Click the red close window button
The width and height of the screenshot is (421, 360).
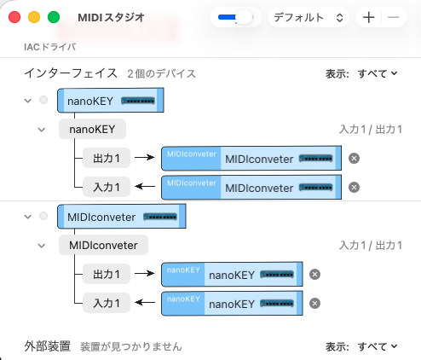pyautogui.click(x=14, y=17)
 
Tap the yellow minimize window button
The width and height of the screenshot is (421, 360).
pyautogui.click(x=34, y=17)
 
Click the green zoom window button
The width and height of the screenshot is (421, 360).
pyautogui.click(x=54, y=17)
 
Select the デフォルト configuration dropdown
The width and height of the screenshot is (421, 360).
pyautogui.click(x=309, y=17)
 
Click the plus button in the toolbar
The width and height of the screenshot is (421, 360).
pyautogui.click(x=369, y=17)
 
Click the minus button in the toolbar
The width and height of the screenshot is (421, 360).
pyautogui.click(x=394, y=17)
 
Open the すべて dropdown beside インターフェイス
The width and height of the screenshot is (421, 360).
pyautogui.click(x=378, y=73)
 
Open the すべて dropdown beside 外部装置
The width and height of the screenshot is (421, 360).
pyautogui.click(x=378, y=346)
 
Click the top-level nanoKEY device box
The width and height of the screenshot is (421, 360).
pyautogui.click(x=111, y=101)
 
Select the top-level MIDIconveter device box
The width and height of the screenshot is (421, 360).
pyautogui.click(x=122, y=217)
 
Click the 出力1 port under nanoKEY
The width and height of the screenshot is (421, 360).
pyautogui.click(x=107, y=158)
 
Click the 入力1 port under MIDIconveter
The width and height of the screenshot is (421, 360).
pyautogui.click(x=107, y=303)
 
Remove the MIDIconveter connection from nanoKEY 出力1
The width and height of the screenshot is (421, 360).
pyautogui.click(x=354, y=159)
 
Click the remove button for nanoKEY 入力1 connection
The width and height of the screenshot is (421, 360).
pyautogui.click(x=354, y=188)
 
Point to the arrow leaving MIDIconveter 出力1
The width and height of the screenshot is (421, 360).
pyautogui.click(x=145, y=274)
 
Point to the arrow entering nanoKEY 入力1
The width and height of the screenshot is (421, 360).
pyautogui.click(x=145, y=187)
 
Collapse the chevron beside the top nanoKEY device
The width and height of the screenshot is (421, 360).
pyautogui.click(x=28, y=101)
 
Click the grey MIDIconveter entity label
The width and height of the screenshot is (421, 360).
pyautogui.click(x=103, y=245)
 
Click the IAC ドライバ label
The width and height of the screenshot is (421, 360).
pyautogui.click(x=50, y=47)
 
